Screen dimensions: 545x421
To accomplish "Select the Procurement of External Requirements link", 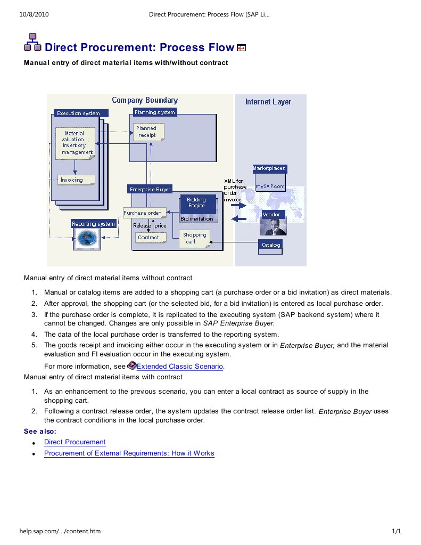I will [x=129, y=454].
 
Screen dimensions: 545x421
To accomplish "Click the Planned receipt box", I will [x=147, y=132].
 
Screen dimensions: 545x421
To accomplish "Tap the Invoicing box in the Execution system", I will [x=76, y=180].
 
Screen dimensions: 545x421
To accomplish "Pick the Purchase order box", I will [x=142, y=213].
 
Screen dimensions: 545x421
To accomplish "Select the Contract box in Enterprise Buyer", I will [x=148, y=238].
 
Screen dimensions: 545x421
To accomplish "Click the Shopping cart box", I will [x=194, y=238].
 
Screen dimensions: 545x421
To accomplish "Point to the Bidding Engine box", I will [x=196, y=203].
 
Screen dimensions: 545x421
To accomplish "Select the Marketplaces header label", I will [x=269, y=168].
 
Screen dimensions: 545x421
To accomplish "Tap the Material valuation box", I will [x=76, y=143].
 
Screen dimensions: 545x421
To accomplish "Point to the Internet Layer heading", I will [x=268, y=102].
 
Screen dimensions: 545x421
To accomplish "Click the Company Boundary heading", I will [x=145, y=100].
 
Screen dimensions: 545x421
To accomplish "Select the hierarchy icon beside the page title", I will [x=33, y=43].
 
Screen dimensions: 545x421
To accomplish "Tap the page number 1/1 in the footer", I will [x=396, y=531].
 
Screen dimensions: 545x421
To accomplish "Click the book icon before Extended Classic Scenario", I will [x=132, y=365].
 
